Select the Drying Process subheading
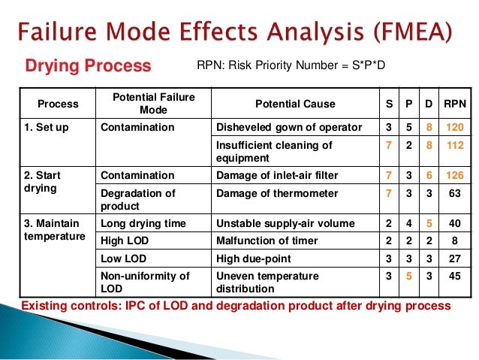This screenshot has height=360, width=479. pyautogui.click(x=89, y=66)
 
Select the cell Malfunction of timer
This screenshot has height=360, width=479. pyautogui.click(x=267, y=241)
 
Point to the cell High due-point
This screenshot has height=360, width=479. pyautogui.click(x=252, y=258)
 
